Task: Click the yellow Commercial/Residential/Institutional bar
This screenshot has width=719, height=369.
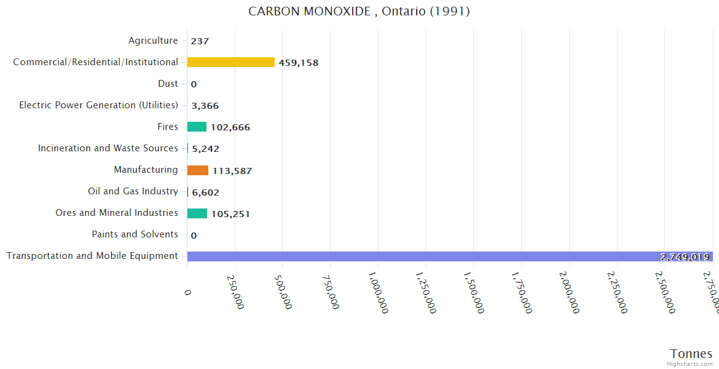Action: (230, 62)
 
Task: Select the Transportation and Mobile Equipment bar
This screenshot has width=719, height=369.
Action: (449, 256)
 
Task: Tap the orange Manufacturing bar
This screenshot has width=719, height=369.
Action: (198, 170)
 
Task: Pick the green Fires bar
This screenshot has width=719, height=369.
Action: (197, 127)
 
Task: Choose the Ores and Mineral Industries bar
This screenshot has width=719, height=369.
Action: (197, 213)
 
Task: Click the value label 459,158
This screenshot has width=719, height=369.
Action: (299, 63)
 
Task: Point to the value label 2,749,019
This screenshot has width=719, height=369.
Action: (685, 257)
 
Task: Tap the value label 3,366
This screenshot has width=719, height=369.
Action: (205, 106)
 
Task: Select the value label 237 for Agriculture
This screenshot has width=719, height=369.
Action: (200, 41)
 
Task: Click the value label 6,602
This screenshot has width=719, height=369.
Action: (205, 192)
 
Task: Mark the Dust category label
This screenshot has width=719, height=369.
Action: (168, 84)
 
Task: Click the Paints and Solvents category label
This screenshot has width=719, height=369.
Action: (135, 234)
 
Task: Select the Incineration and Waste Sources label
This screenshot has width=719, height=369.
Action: (108, 148)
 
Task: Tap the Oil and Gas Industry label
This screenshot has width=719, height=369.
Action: (133, 191)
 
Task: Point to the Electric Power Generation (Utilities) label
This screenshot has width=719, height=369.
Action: (98, 105)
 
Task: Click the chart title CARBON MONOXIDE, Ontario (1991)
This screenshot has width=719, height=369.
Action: (359, 11)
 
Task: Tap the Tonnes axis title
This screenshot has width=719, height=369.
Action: (691, 354)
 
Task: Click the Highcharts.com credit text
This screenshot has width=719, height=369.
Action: (690, 364)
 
